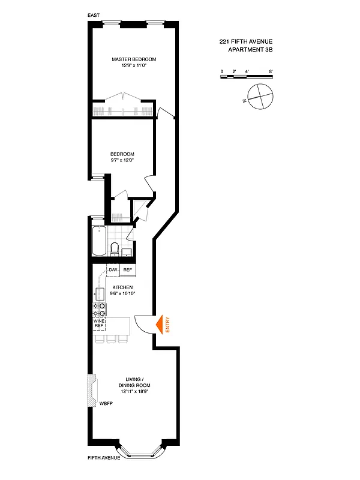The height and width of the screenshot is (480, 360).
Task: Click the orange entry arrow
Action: [x=160, y=325]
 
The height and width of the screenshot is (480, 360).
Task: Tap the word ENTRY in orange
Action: [x=168, y=325]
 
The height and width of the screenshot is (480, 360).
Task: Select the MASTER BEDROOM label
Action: [x=134, y=59]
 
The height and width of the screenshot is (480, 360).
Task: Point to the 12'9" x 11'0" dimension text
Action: [x=134, y=66]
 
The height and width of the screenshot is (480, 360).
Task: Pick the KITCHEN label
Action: [x=122, y=287]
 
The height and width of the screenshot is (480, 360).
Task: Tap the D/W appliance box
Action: [x=113, y=271]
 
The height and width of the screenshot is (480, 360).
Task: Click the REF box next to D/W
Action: [x=127, y=271]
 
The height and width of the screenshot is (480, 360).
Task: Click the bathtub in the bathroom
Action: [x=98, y=241]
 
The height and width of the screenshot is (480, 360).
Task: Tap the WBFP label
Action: [x=106, y=404]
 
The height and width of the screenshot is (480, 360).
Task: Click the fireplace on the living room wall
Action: [x=92, y=391]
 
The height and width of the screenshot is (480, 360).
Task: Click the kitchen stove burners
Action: [x=99, y=309]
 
